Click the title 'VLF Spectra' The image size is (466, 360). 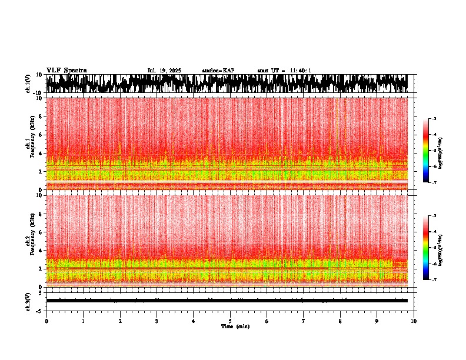click(x=66, y=71)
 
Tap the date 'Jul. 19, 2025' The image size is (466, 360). click(x=164, y=71)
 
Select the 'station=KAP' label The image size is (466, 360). click(x=218, y=71)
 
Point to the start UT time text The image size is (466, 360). click(x=284, y=71)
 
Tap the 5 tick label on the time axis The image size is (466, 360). click(x=231, y=321)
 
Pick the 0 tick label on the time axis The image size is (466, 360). click(x=46, y=321)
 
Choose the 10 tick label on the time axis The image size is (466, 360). click(x=414, y=321)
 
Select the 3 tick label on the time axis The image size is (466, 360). click(x=157, y=321)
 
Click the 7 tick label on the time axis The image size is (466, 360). click(x=304, y=321)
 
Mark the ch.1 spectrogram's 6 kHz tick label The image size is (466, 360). click(x=40, y=135)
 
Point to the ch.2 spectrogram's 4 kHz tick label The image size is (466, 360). click(x=40, y=250)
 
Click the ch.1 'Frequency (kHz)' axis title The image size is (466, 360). click(x=34, y=144)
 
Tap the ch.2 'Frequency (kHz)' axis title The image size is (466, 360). click(x=34, y=240)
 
